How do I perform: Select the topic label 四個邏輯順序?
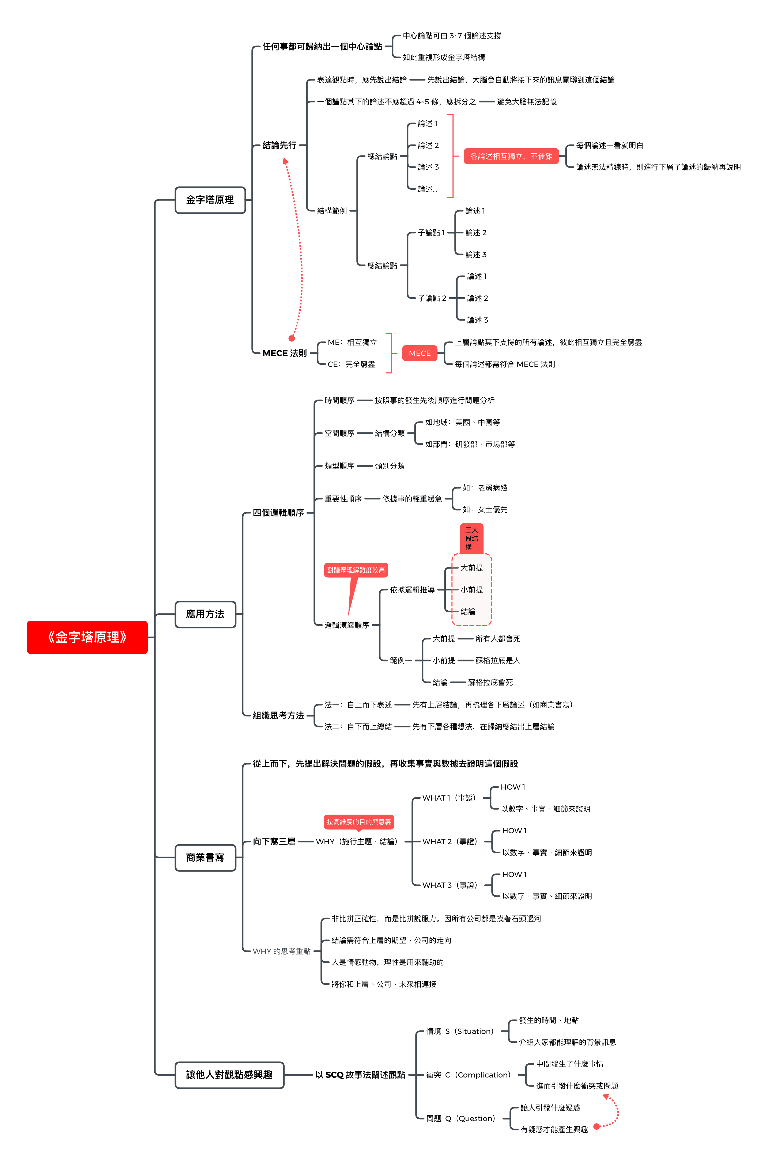(x=278, y=513)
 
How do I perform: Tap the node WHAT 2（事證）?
(x=450, y=842)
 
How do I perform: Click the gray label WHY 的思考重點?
(x=281, y=951)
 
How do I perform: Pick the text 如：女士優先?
(x=485, y=510)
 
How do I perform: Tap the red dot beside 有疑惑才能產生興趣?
(x=597, y=1127)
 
